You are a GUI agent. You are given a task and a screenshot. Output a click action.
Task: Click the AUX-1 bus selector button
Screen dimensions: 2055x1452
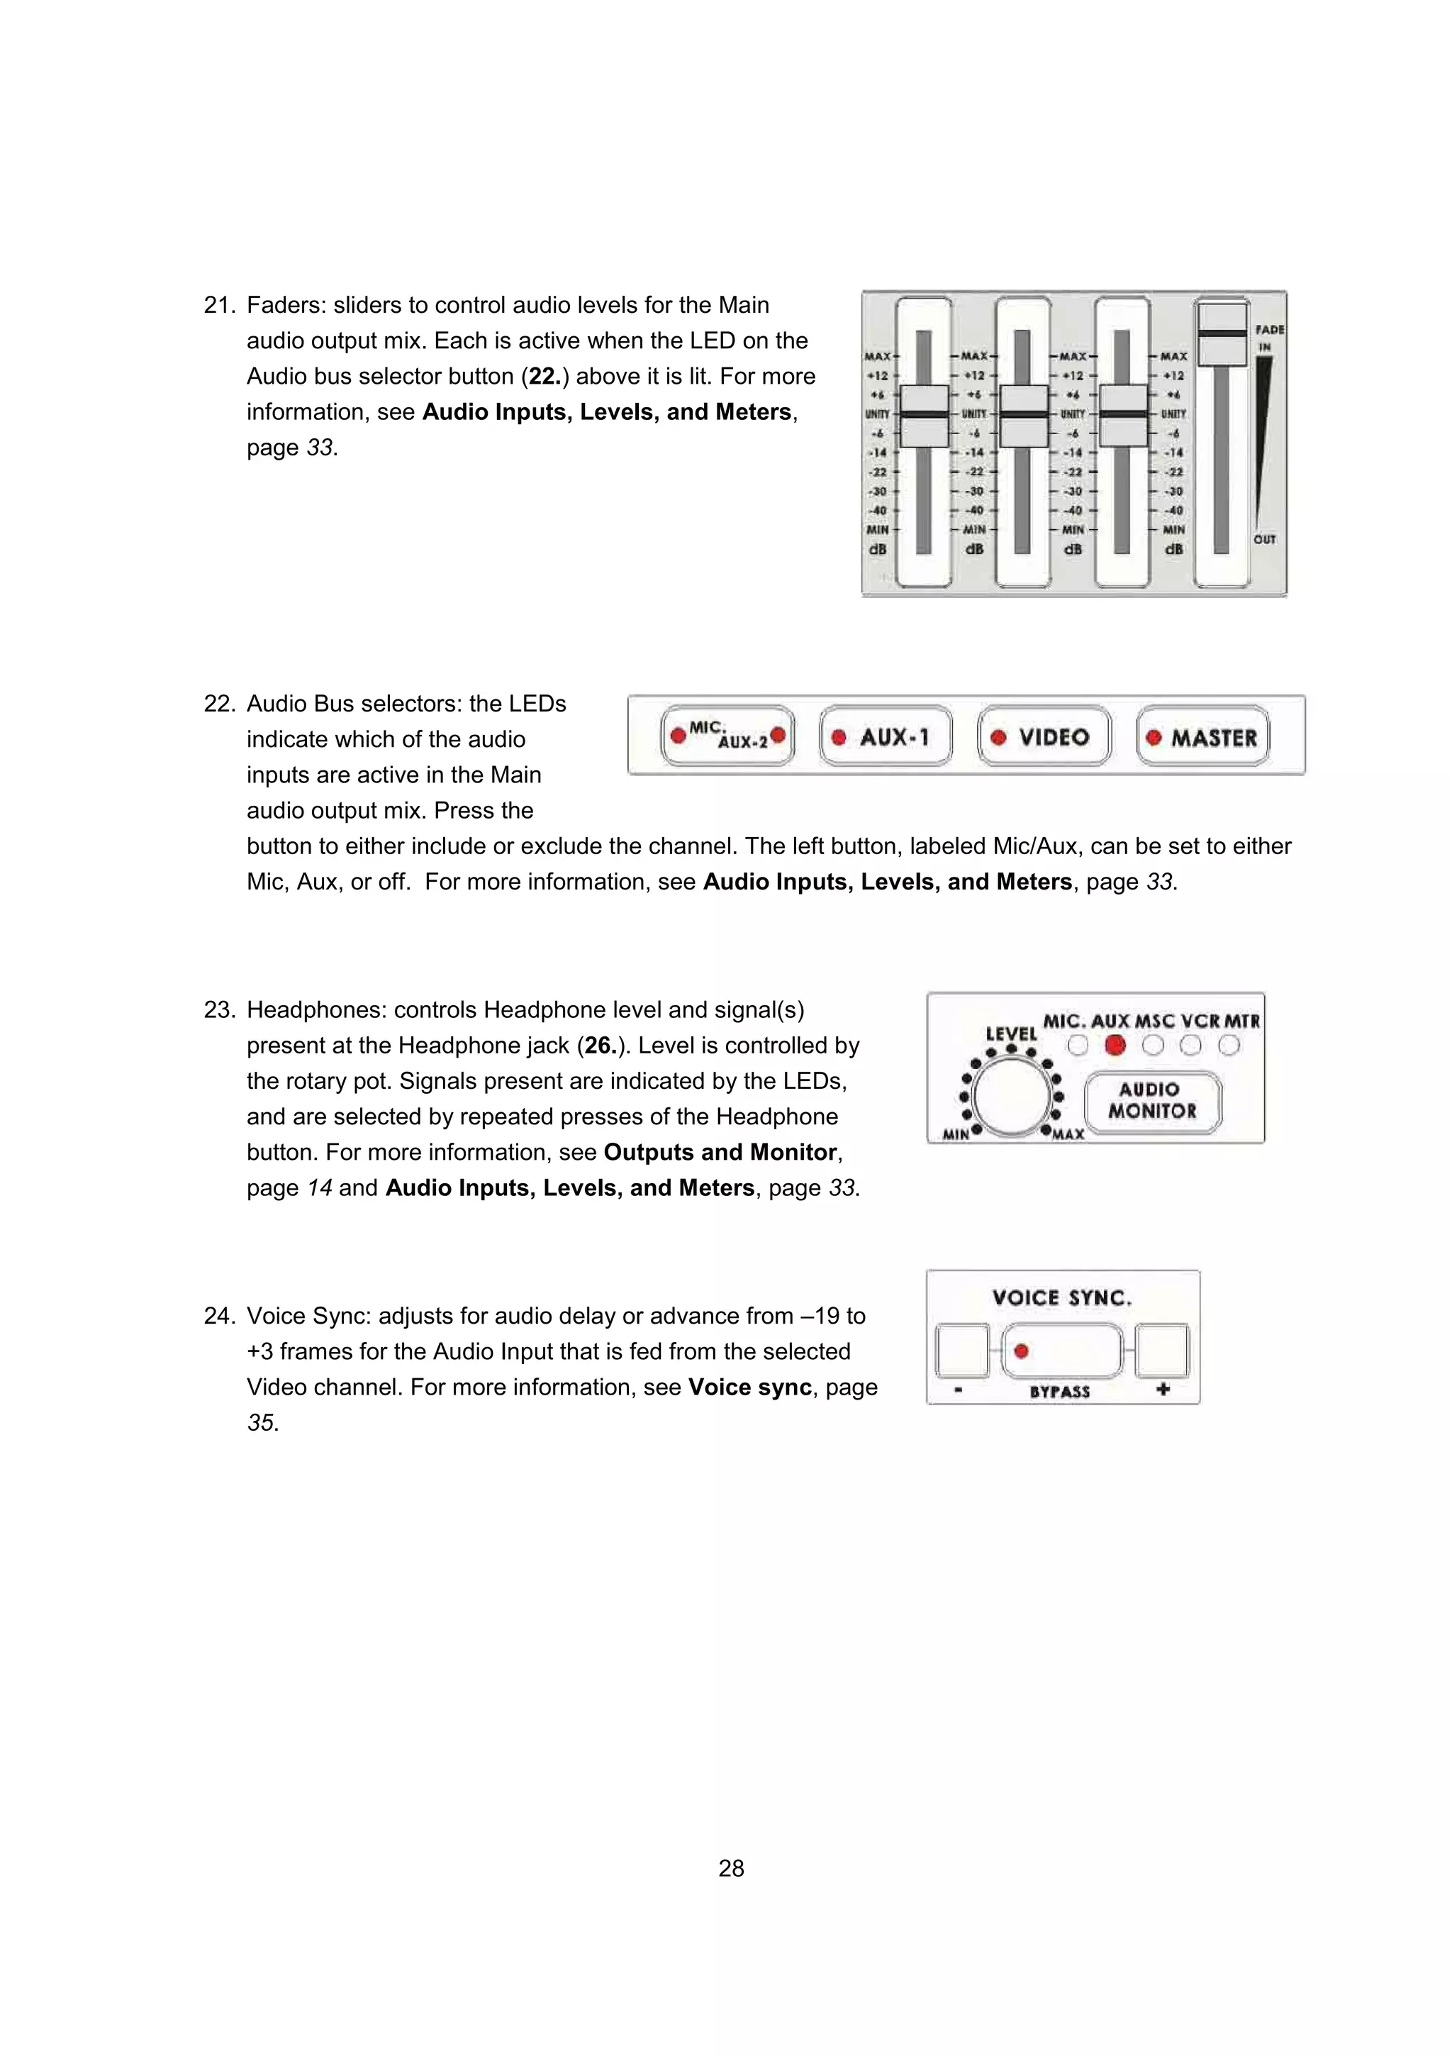pyautogui.click(x=886, y=736)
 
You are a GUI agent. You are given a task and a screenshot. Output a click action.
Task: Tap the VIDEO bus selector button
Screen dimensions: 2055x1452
pyautogui.click(x=1044, y=736)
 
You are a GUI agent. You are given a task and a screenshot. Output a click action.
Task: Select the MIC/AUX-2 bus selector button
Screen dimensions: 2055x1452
pyautogui.click(x=727, y=736)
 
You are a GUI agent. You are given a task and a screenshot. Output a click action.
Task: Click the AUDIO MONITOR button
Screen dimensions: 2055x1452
pyautogui.click(x=1152, y=1101)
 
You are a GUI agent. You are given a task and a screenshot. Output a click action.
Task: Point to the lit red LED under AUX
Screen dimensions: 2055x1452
pyautogui.click(x=1115, y=1046)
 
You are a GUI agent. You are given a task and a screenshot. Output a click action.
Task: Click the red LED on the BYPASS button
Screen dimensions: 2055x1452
pyautogui.click(x=1021, y=1351)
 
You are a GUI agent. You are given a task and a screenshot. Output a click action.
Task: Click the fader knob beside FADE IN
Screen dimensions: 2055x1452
pyautogui.click(x=1222, y=334)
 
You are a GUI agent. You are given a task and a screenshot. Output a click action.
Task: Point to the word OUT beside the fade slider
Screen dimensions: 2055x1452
pyautogui.click(x=1264, y=540)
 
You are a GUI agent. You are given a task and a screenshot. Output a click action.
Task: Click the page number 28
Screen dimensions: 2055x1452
pyautogui.click(x=731, y=1868)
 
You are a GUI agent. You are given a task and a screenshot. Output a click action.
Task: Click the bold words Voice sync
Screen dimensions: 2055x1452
pyautogui.click(x=749, y=1387)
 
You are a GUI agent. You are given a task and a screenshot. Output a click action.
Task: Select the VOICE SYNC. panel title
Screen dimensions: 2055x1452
pyautogui.click(x=1062, y=1298)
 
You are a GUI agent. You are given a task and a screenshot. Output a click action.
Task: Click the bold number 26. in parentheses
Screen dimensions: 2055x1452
pyautogui.click(x=601, y=1046)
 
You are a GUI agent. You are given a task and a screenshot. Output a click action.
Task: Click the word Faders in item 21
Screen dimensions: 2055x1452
pyautogui.click(x=284, y=305)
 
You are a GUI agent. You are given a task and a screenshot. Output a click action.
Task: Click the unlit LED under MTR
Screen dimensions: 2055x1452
pyautogui.click(x=1229, y=1046)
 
